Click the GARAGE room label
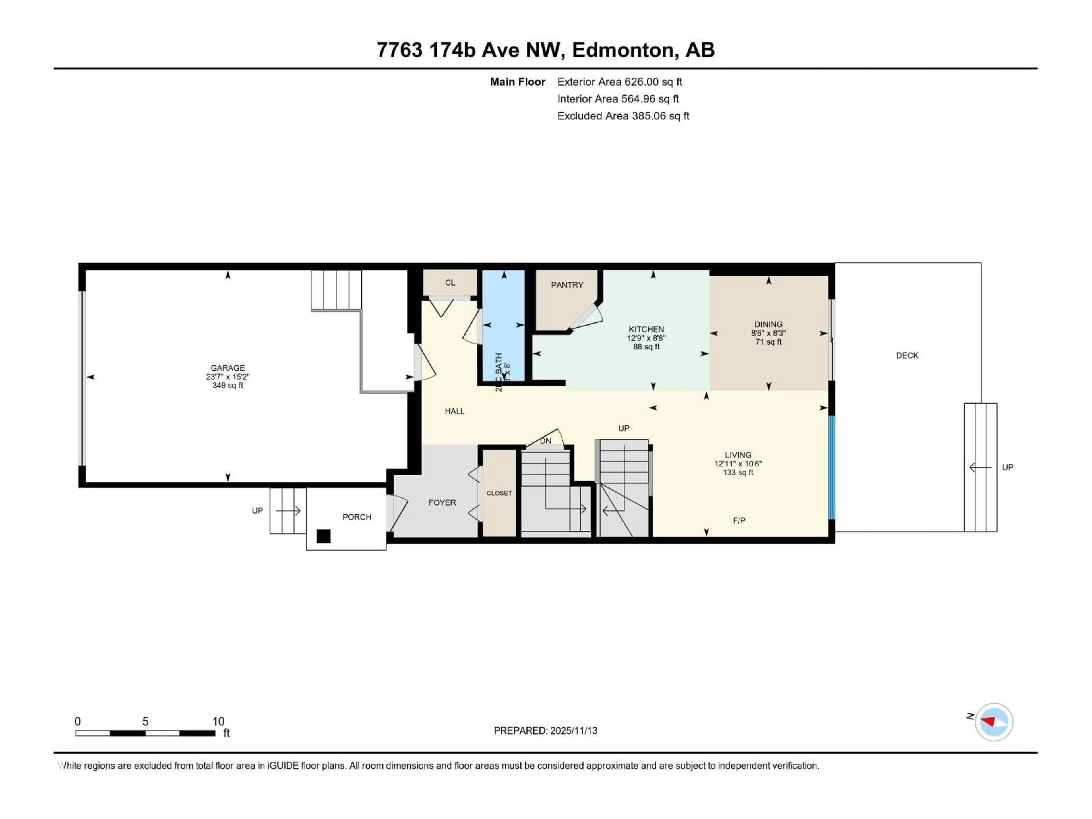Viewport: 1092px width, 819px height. (x=227, y=368)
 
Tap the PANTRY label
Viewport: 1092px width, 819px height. (x=567, y=285)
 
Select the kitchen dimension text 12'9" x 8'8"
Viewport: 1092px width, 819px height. (x=646, y=338)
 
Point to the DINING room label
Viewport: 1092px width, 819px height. (x=768, y=324)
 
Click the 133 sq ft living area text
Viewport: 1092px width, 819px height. (x=738, y=472)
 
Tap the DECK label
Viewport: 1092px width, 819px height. (x=907, y=355)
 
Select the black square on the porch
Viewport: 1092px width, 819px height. (x=323, y=536)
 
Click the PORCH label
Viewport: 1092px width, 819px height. (x=356, y=517)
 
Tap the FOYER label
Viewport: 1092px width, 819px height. (x=442, y=502)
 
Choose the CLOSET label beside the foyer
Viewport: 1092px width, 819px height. (x=499, y=493)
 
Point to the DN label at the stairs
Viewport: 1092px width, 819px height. (x=545, y=441)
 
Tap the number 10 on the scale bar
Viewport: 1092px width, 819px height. (x=218, y=721)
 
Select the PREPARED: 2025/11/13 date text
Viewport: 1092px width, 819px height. (x=545, y=731)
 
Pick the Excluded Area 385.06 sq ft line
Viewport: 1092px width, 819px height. (x=623, y=116)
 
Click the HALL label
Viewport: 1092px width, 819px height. (x=454, y=411)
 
